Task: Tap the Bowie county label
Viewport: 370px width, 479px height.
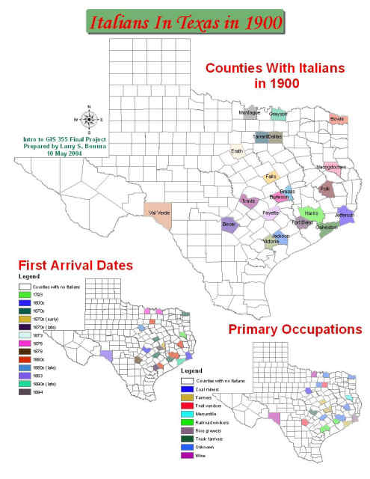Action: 337,118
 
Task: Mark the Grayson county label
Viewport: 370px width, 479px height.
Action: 278,114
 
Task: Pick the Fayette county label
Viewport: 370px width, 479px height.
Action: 270,213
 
